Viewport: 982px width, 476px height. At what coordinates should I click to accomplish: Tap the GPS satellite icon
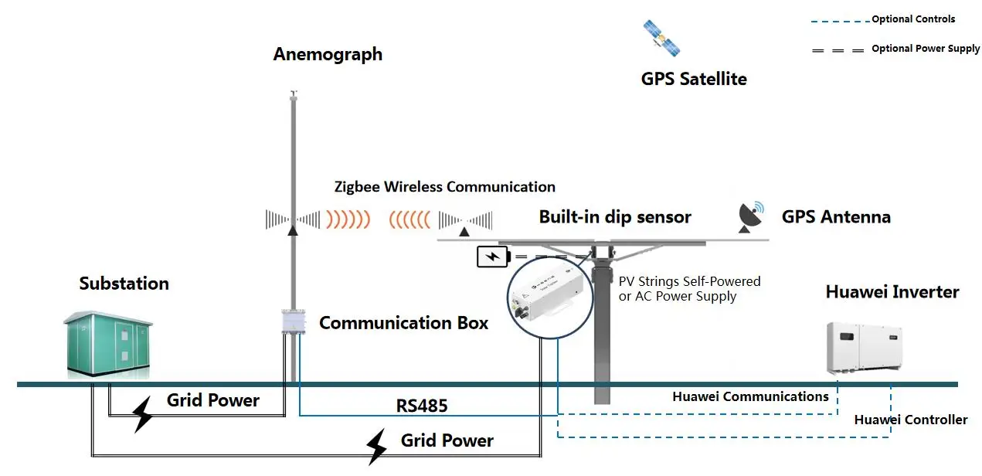click(662, 38)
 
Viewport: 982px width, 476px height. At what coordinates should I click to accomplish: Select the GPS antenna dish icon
click(750, 217)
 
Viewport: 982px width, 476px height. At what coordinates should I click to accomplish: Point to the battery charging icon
click(491, 257)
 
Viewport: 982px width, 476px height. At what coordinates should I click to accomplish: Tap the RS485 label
click(422, 406)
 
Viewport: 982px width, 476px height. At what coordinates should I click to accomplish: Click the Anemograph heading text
click(328, 54)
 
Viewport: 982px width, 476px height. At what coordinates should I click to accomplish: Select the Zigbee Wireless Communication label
click(444, 186)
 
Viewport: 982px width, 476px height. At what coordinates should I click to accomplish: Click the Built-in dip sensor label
click(615, 217)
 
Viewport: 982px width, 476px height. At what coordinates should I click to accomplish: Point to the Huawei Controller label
click(910, 420)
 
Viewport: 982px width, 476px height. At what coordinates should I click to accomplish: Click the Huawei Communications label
click(750, 396)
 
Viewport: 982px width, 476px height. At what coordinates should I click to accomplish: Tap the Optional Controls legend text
click(913, 19)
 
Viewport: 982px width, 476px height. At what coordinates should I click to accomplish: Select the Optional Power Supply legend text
click(926, 49)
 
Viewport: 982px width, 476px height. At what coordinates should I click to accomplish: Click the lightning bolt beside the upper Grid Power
click(144, 414)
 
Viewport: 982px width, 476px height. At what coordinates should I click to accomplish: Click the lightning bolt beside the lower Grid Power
click(375, 447)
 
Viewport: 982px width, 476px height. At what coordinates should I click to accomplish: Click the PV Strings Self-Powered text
click(689, 281)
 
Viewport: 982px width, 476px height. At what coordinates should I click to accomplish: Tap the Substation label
click(124, 284)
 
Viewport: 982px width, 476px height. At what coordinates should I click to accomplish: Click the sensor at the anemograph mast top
click(293, 95)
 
